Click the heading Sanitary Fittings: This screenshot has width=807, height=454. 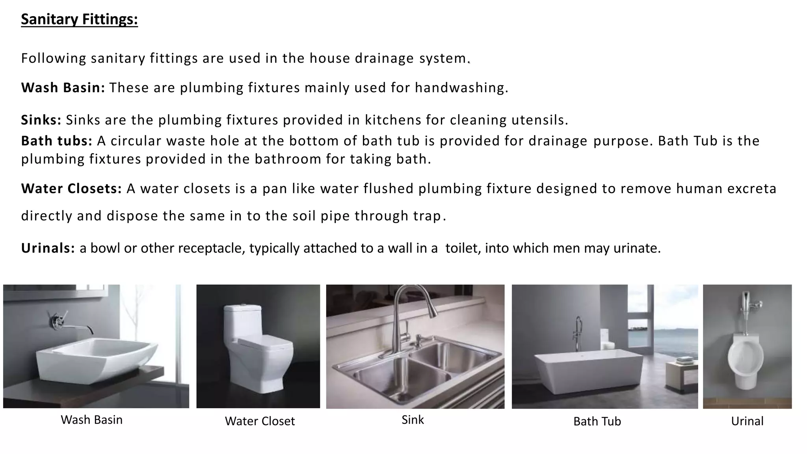click(79, 19)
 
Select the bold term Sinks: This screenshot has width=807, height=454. click(41, 120)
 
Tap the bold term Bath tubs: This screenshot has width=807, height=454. click(57, 141)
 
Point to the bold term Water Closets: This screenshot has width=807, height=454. click(71, 189)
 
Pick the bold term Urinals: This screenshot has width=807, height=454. click(48, 248)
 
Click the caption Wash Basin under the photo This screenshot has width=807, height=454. click(91, 420)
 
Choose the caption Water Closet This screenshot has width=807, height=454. click(260, 421)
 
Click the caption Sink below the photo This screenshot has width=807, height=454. click(413, 420)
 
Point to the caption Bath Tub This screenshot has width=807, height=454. click(597, 421)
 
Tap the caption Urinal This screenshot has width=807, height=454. click(747, 421)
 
